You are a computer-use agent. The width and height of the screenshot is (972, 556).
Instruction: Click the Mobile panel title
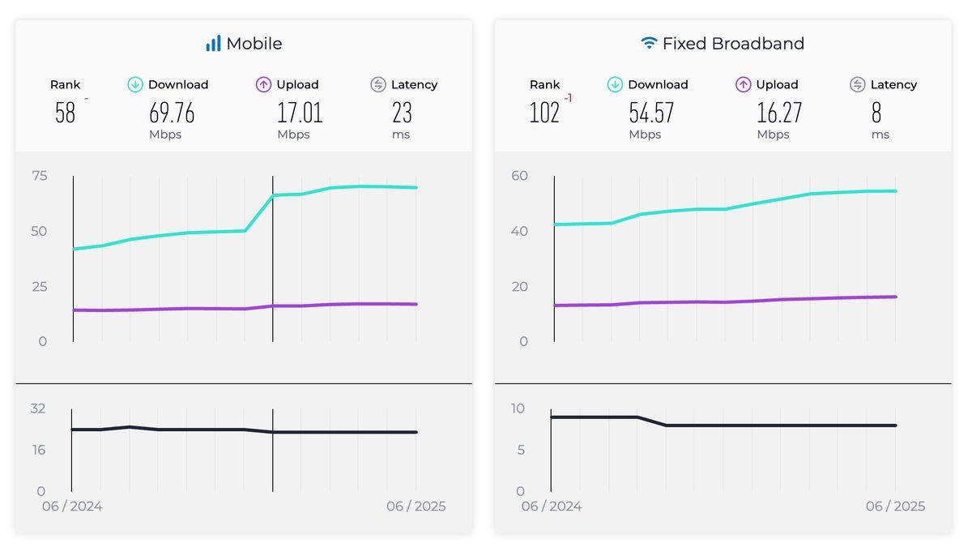click(x=254, y=44)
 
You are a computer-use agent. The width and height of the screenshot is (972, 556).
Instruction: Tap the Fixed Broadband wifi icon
click(x=649, y=43)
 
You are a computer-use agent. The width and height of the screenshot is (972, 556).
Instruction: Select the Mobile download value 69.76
click(x=172, y=113)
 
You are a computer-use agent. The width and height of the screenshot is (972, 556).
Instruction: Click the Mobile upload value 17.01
click(x=300, y=113)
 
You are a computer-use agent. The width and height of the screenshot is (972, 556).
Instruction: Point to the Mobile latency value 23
click(x=402, y=113)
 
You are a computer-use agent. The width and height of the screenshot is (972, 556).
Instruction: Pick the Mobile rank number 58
click(x=65, y=113)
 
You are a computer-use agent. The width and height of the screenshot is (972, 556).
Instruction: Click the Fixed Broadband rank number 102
click(x=544, y=113)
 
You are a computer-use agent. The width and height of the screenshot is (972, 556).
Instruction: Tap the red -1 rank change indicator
click(x=568, y=99)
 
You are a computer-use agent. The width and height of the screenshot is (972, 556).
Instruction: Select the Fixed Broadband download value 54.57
click(x=651, y=113)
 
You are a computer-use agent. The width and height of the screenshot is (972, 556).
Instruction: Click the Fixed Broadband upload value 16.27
click(x=779, y=113)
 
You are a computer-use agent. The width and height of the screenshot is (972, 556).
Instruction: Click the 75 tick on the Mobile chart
click(x=39, y=176)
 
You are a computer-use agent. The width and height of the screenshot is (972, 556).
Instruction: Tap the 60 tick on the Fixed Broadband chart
click(x=519, y=176)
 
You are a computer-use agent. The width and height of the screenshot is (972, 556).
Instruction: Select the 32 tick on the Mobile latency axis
click(x=38, y=408)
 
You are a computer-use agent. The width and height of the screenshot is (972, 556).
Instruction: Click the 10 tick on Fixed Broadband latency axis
click(x=518, y=408)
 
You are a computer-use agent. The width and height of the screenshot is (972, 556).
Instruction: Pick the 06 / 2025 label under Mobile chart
click(x=416, y=507)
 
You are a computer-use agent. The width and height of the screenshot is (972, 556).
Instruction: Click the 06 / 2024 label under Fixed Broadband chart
click(x=552, y=507)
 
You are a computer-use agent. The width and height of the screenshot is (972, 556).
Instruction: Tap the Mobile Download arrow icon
click(x=135, y=84)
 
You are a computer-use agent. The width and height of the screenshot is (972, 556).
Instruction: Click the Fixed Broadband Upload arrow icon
click(x=744, y=84)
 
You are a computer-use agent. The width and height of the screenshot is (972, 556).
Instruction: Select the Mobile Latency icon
click(x=378, y=84)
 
